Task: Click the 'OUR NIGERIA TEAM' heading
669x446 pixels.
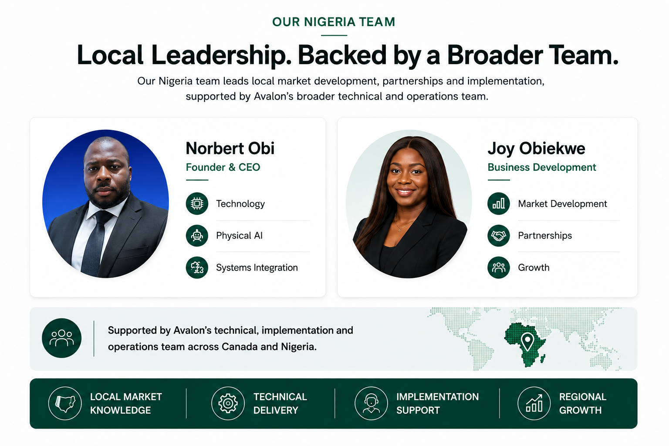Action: pos(334,22)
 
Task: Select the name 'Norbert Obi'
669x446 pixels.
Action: pos(230,148)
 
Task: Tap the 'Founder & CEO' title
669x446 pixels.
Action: pos(223,167)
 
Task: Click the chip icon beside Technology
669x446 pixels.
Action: pos(197,203)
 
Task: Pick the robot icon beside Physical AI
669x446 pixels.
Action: pos(197,235)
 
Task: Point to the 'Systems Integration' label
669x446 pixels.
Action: pos(257,267)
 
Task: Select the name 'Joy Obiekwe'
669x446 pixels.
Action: pos(536,149)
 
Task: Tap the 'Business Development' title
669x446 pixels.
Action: pos(542,167)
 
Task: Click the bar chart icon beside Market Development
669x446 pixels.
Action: pos(498,203)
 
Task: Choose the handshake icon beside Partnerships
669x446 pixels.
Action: pos(498,235)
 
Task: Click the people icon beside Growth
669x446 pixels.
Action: pos(498,267)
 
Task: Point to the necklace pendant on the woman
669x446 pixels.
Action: pos(399,230)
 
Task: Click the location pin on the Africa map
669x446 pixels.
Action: pos(527,342)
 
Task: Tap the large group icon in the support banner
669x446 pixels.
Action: pos(61,338)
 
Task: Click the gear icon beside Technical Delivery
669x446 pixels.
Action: pos(228,403)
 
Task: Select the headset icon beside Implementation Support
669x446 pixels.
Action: pos(371,403)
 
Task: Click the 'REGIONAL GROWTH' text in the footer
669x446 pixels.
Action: pos(582,403)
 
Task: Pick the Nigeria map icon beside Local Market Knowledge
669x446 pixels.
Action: pos(65,403)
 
